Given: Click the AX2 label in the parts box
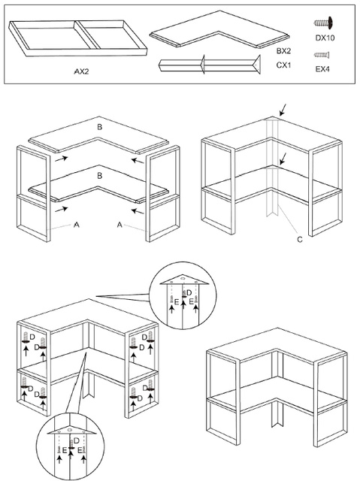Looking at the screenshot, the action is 82,71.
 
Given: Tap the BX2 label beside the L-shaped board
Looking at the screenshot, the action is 283,51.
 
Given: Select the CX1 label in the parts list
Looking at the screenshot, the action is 283,65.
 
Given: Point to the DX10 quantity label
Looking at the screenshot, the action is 325,38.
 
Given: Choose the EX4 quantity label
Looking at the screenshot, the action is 322,69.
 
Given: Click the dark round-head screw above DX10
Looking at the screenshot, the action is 323,23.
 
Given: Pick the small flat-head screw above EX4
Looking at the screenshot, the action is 322,55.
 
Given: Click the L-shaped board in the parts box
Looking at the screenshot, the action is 219,30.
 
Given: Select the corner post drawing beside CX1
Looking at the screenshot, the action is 210,65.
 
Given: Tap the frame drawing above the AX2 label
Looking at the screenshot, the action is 78,38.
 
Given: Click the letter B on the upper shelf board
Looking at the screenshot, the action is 99,127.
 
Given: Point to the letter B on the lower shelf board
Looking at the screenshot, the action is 99,176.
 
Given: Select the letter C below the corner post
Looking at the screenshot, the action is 300,239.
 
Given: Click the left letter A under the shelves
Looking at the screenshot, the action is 77,225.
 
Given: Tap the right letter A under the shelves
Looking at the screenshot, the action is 119,225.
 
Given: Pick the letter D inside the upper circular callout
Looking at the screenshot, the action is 189,292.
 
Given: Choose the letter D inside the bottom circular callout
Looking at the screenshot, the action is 77,440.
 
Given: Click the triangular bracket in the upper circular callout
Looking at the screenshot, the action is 184,280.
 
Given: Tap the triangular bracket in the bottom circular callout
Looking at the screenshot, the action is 71,430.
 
